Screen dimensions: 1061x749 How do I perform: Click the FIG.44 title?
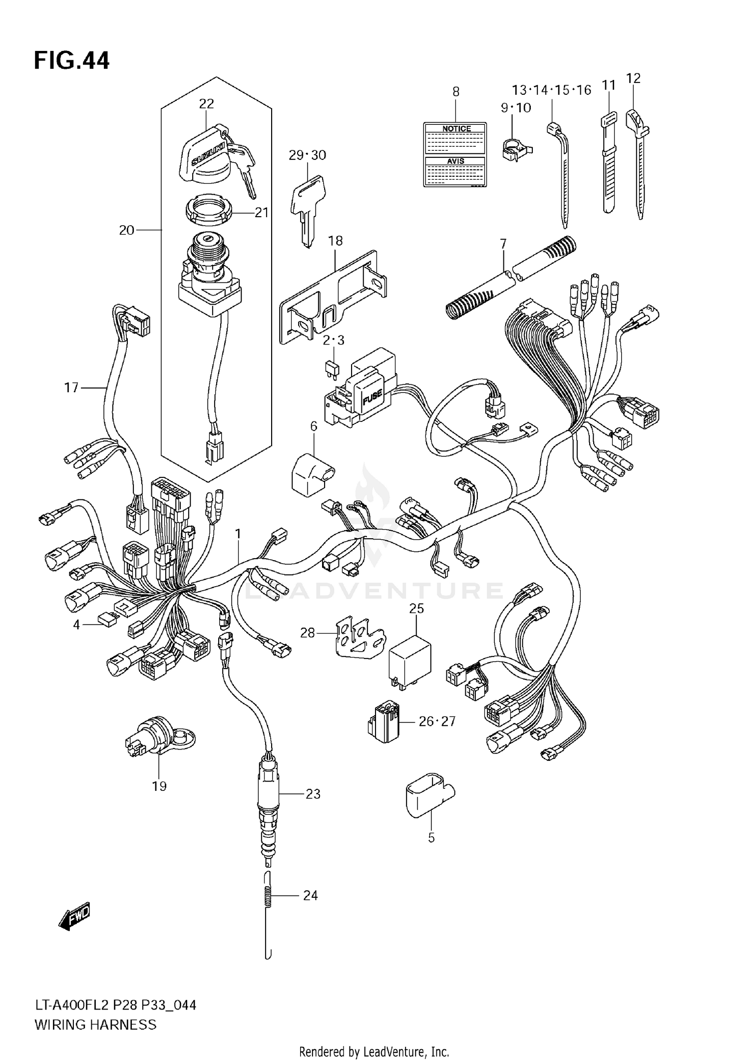point(71,60)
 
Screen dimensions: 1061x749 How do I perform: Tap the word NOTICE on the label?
point(456,129)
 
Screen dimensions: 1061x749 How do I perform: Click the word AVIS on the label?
point(455,161)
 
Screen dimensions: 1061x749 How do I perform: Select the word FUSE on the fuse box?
point(372,396)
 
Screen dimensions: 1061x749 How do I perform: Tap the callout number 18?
point(335,241)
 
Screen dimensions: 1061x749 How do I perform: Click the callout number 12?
point(633,78)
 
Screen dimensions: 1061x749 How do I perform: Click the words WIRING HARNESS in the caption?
point(95,1025)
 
